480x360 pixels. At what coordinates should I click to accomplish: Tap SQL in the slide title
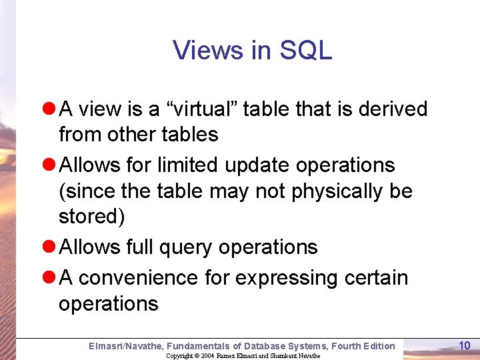(x=306, y=50)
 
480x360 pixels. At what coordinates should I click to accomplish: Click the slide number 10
(x=465, y=345)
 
